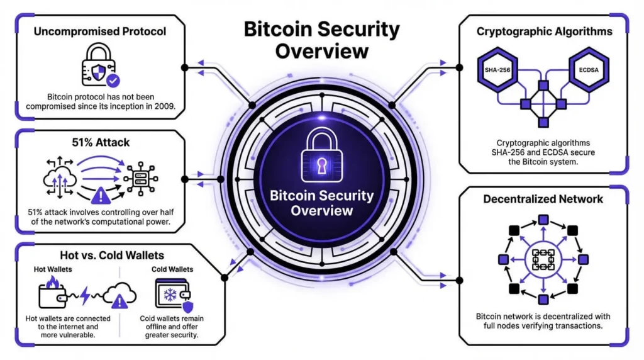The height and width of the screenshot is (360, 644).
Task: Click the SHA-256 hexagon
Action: (x=497, y=69)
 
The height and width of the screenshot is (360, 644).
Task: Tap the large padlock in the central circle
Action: (x=321, y=154)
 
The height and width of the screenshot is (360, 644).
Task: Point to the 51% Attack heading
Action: (x=100, y=143)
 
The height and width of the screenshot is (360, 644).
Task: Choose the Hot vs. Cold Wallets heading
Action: (x=111, y=256)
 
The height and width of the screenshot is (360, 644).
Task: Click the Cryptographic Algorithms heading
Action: (x=544, y=31)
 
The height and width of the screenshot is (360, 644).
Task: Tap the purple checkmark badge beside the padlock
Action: (x=113, y=81)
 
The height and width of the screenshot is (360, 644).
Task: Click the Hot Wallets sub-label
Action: (x=52, y=269)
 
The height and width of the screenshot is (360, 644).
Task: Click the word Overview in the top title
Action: (x=322, y=51)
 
